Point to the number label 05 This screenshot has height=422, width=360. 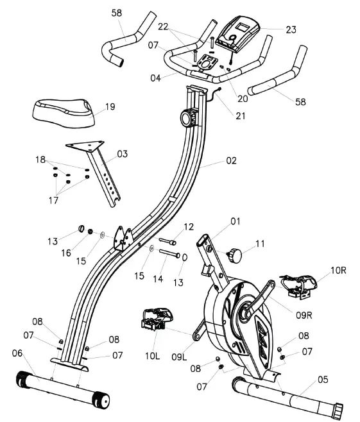coord(322,380)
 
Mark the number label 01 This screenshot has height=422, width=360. coord(235,221)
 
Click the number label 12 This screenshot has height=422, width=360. coord(187,226)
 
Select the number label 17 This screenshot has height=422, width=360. coord(53,201)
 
